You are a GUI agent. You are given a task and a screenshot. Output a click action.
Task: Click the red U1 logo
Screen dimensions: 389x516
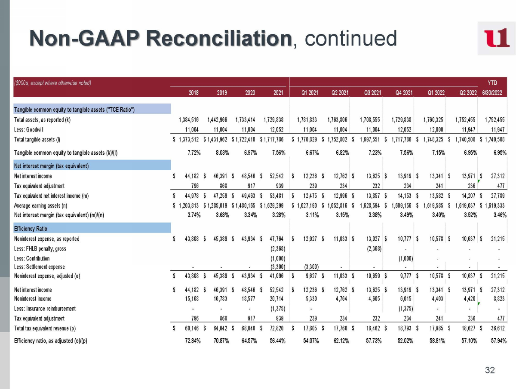pyautogui.click(x=496, y=38)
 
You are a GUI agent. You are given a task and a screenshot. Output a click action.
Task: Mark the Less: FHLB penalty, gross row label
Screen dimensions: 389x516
pyautogui.click(x=40, y=248)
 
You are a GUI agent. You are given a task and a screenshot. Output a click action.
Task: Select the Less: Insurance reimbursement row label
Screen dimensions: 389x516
pyautogui.click(x=45, y=308)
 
